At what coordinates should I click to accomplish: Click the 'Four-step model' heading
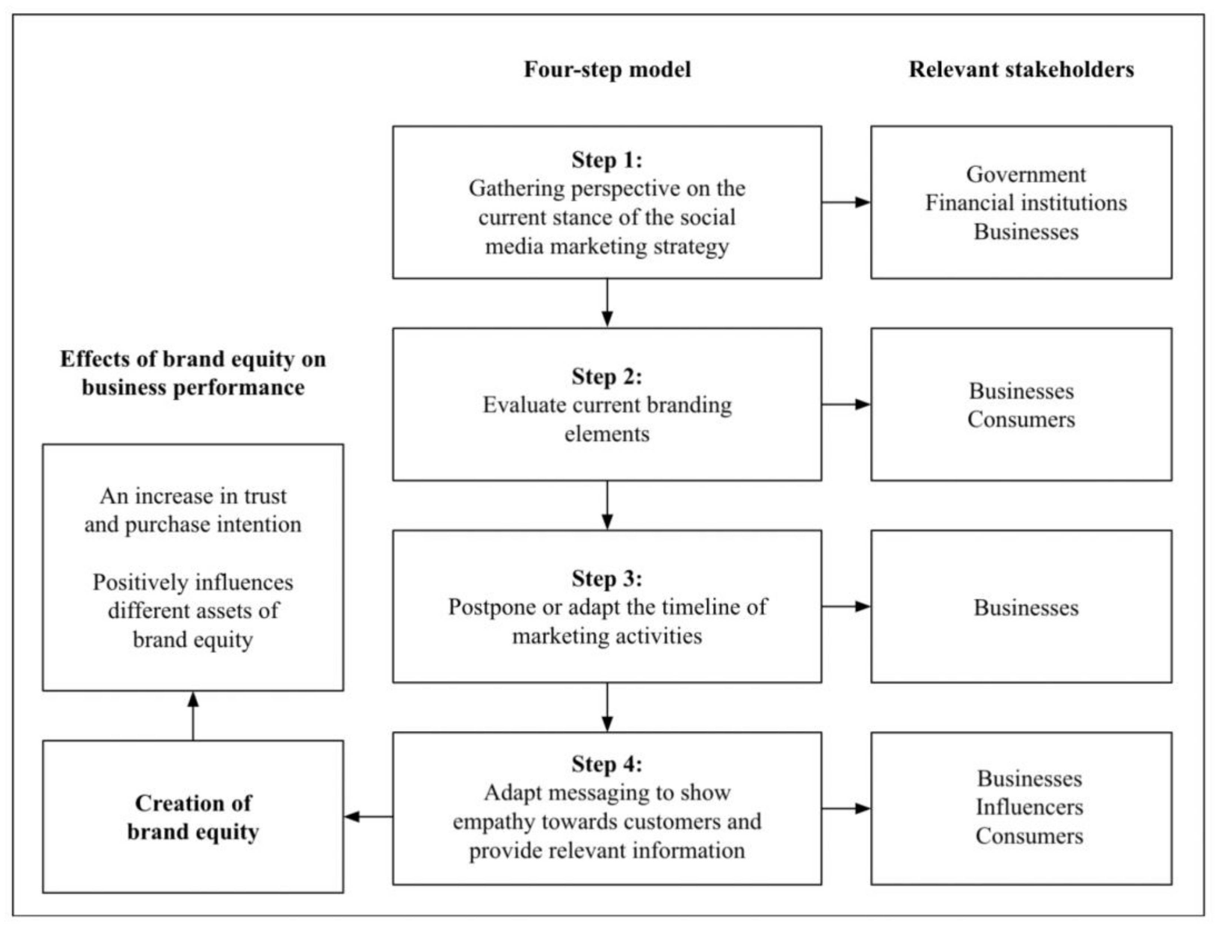tap(607, 70)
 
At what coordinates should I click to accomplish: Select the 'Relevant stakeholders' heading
tap(1021, 70)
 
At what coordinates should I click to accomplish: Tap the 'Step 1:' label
tap(607, 160)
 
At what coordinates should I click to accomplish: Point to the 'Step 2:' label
tap(607, 376)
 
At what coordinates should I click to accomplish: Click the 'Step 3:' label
tap(607, 578)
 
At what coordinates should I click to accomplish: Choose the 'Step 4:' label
tap(607, 764)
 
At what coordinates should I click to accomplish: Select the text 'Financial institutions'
tap(1025, 203)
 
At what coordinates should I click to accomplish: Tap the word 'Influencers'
tap(1029, 807)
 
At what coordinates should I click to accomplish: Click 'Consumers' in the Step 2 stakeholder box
tap(1021, 420)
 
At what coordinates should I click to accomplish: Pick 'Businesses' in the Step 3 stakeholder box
tap(1026, 608)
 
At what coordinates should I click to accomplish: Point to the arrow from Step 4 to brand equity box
tap(368, 816)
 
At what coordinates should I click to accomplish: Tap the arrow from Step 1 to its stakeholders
tap(846, 202)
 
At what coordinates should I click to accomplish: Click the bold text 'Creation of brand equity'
tap(193, 817)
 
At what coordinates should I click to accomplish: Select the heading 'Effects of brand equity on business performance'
tap(193, 373)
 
